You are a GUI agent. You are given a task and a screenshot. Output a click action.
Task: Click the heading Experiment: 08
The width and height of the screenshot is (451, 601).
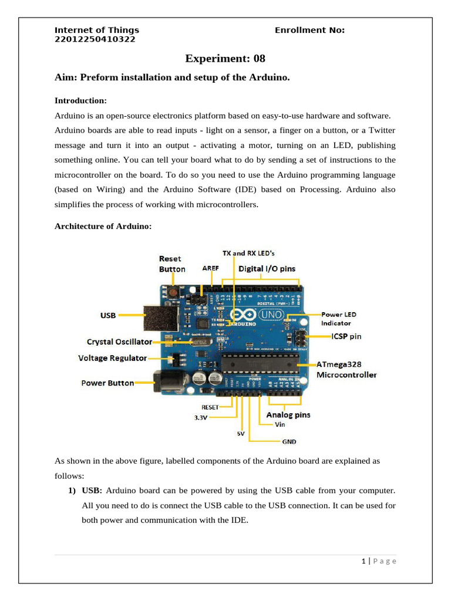(225, 58)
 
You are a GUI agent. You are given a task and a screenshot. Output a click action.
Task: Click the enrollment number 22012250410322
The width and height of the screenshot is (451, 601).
(95, 39)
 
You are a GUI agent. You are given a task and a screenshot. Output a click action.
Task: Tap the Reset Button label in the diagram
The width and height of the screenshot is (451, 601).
(171, 264)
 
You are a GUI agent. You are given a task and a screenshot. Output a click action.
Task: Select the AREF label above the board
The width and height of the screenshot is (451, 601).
(210, 269)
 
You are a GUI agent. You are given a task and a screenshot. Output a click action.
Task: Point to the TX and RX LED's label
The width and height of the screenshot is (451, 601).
(248, 253)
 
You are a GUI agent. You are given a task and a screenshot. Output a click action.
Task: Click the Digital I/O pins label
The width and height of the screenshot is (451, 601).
(267, 269)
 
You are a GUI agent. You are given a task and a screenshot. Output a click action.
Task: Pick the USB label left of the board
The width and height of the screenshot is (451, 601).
(108, 315)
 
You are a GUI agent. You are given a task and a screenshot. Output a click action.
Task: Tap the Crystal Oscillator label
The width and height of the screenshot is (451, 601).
(119, 341)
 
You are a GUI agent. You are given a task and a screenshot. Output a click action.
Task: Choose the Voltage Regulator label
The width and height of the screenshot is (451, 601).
(113, 357)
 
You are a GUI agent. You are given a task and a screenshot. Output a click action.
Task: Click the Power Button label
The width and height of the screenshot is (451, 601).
(107, 383)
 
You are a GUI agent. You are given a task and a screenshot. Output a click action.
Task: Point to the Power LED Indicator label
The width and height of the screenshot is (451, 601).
(338, 319)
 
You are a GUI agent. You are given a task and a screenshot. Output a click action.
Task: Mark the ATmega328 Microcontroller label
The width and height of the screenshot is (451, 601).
(346, 369)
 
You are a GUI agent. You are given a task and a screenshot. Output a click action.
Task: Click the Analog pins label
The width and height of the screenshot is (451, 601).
(288, 415)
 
